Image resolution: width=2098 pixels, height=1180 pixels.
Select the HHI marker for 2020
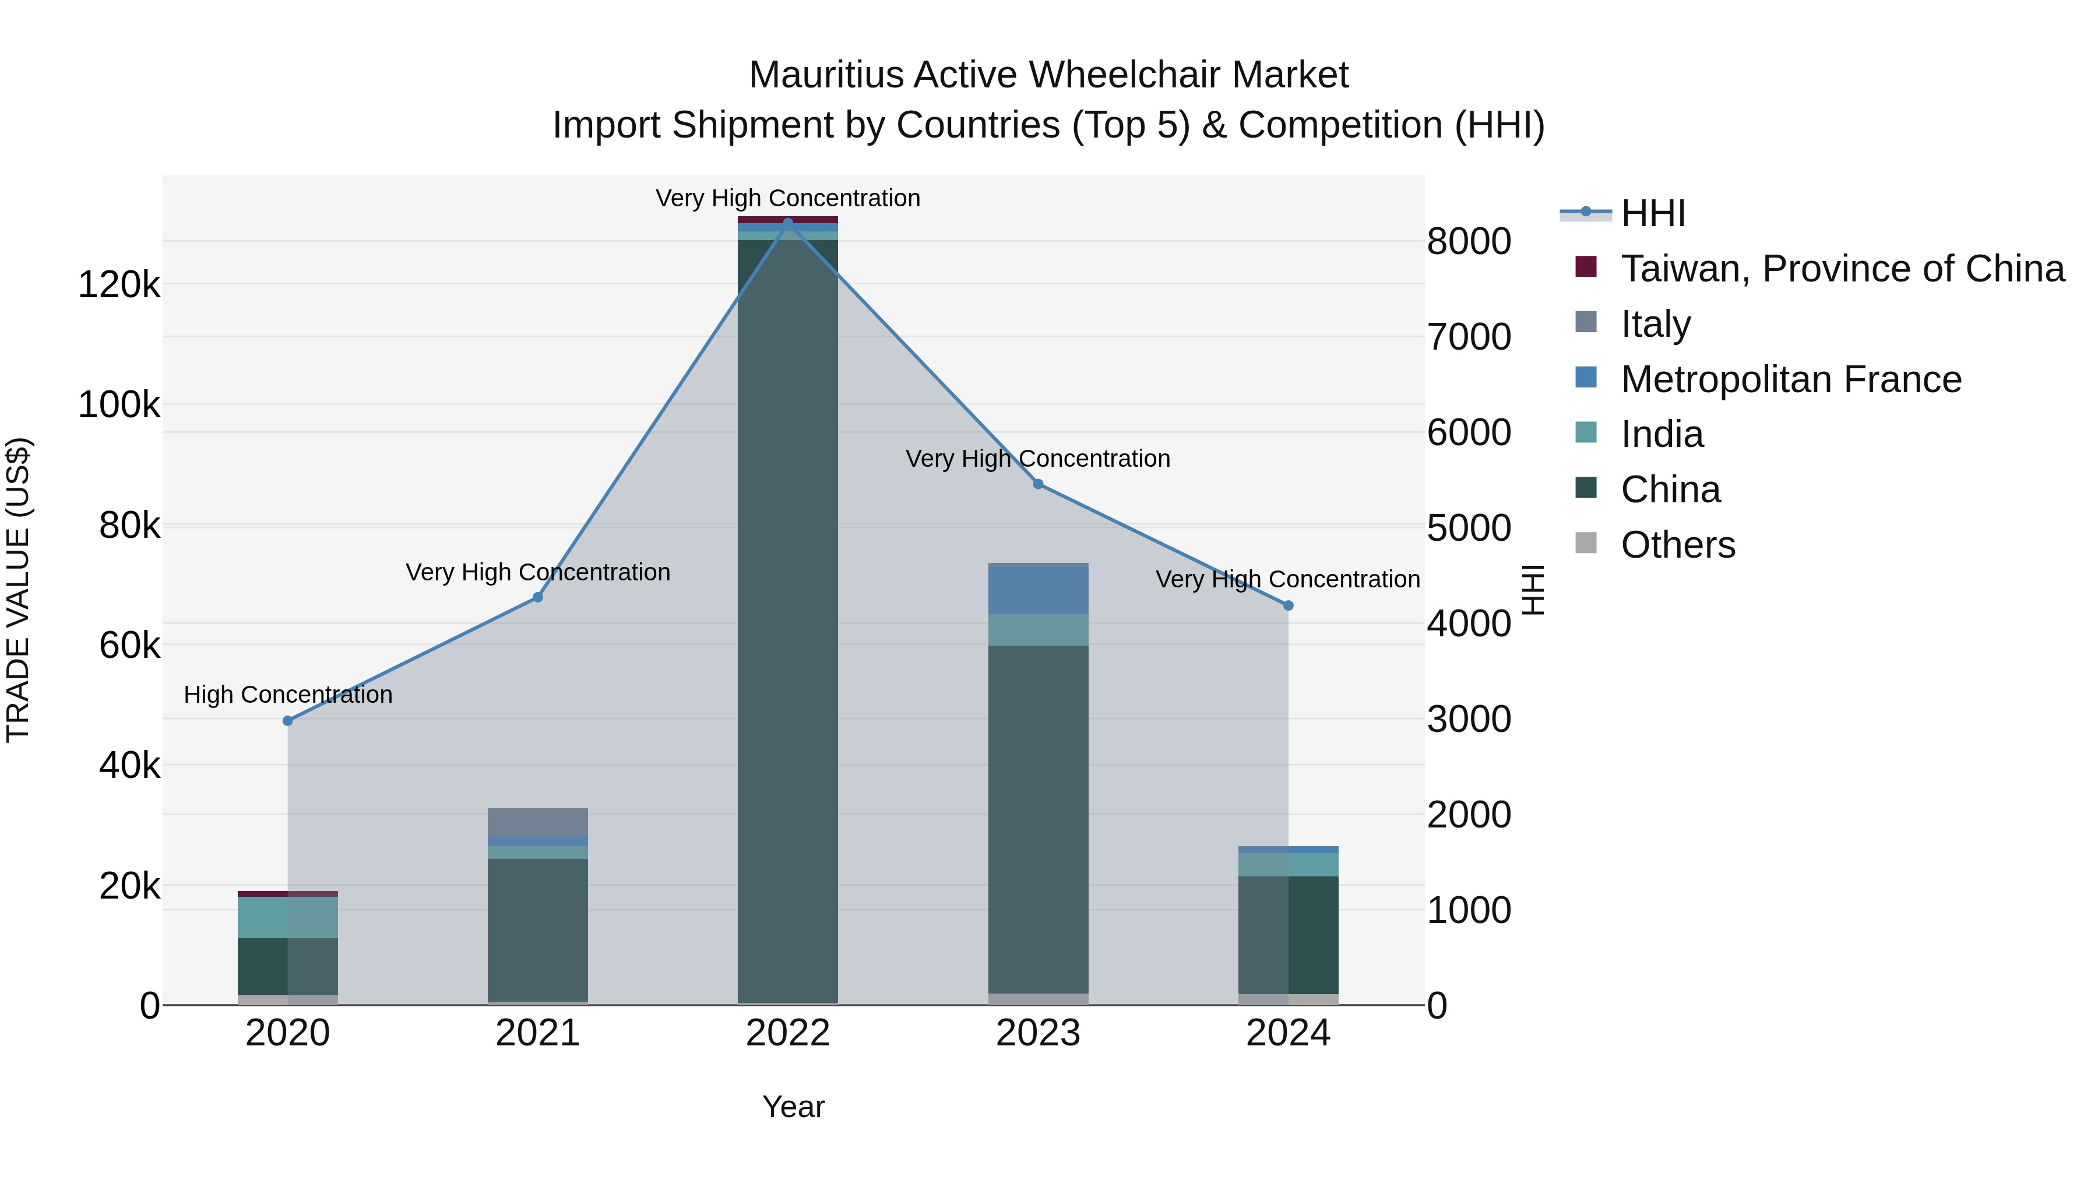tap(287, 721)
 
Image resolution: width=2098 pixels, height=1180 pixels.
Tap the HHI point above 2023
tap(1037, 484)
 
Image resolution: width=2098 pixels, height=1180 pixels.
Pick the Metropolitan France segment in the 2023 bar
tap(1037, 590)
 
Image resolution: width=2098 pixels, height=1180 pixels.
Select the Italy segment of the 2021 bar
tap(537, 822)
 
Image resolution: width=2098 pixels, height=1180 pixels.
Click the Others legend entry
tap(1678, 545)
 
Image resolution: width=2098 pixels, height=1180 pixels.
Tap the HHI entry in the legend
tap(1653, 213)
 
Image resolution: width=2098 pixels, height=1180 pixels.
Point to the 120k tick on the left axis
tap(119, 285)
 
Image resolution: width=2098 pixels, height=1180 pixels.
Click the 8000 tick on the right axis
tap(1469, 241)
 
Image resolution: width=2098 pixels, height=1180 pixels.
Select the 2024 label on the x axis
tap(1287, 1033)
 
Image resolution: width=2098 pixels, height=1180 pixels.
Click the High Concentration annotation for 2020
tap(287, 695)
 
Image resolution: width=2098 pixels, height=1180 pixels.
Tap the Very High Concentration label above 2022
tap(787, 198)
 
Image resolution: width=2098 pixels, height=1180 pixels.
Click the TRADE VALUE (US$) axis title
tap(18, 590)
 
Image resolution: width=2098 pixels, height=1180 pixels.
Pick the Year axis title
tap(793, 1107)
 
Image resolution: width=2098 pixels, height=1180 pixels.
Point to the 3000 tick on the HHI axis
tap(1469, 719)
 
